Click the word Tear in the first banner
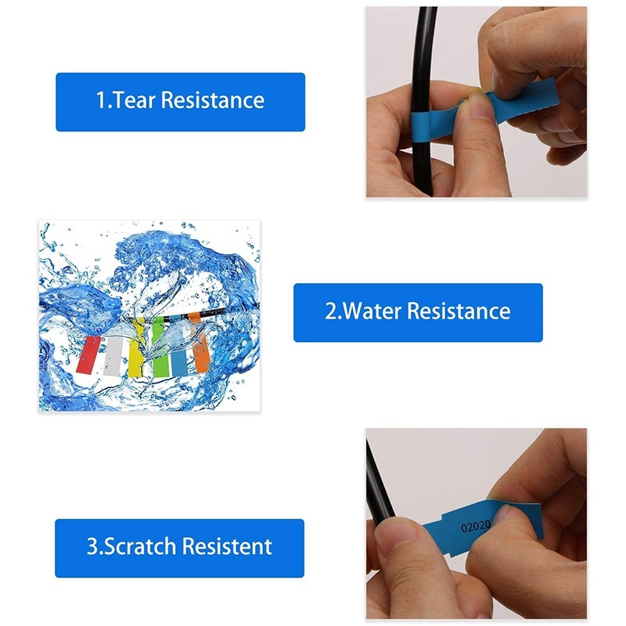135,101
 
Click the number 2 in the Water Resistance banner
330,311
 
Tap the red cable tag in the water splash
91,354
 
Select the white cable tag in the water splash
116,356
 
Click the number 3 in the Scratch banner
92,546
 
